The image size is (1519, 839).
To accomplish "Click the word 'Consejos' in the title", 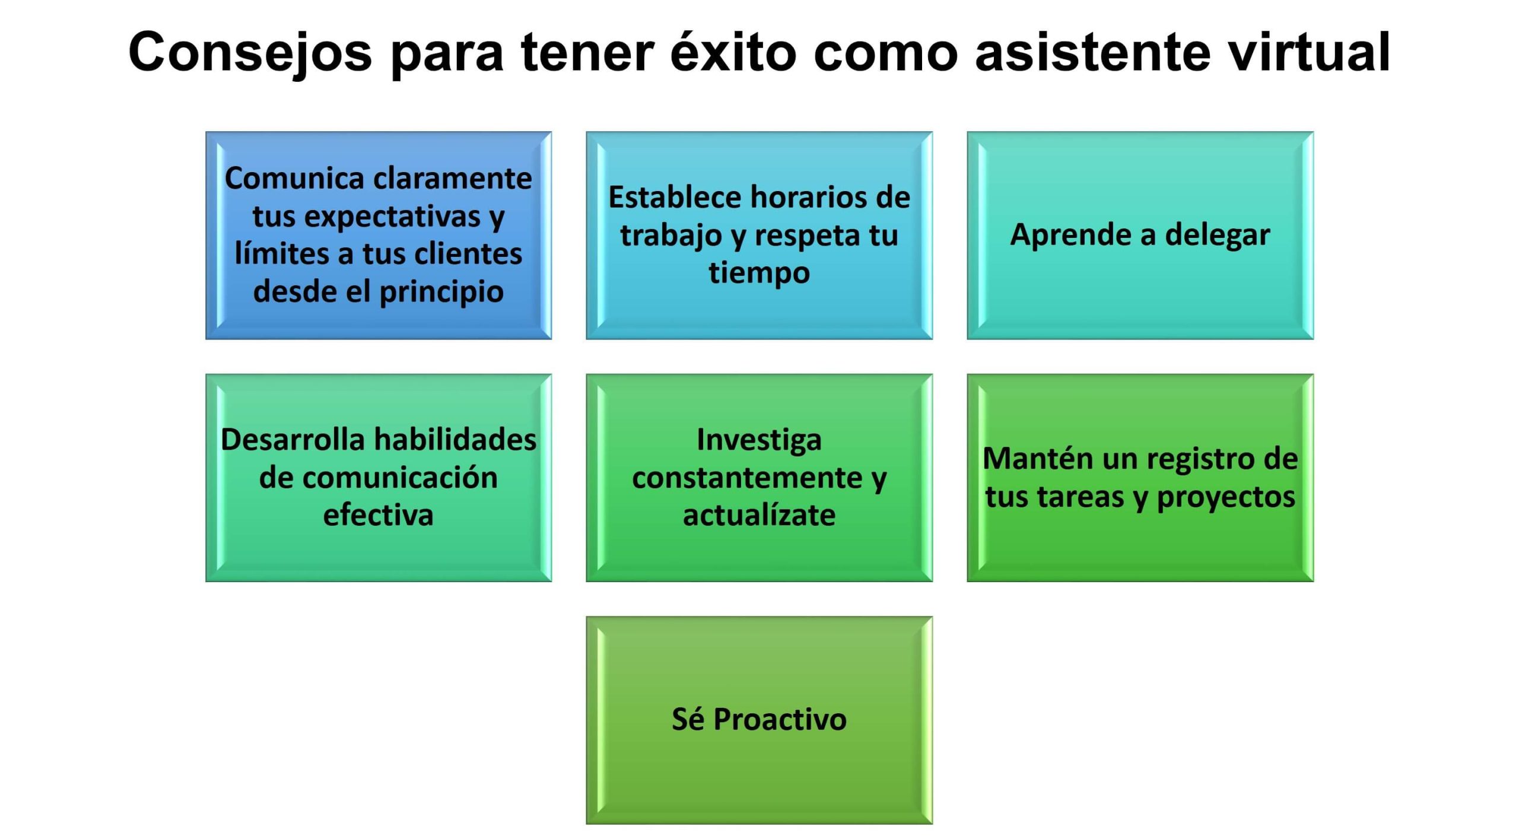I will pos(250,52).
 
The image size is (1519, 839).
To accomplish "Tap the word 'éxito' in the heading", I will pos(733,52).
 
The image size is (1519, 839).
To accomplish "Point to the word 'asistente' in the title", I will pos(1092,52).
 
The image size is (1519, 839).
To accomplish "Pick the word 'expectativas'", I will pos(392,216).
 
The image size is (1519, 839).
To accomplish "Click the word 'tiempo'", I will pos(759,273).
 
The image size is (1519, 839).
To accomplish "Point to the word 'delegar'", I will pos(1218,235).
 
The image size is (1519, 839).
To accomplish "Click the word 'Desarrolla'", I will pos(293,440).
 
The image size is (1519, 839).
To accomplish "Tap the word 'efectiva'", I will pos(378,515).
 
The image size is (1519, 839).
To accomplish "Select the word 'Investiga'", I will pos(759,440).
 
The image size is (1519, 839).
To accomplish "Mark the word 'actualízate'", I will pos(759,515).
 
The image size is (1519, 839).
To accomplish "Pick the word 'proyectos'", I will pos(1226,497).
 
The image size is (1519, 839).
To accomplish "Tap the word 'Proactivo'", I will pos(780,720).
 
